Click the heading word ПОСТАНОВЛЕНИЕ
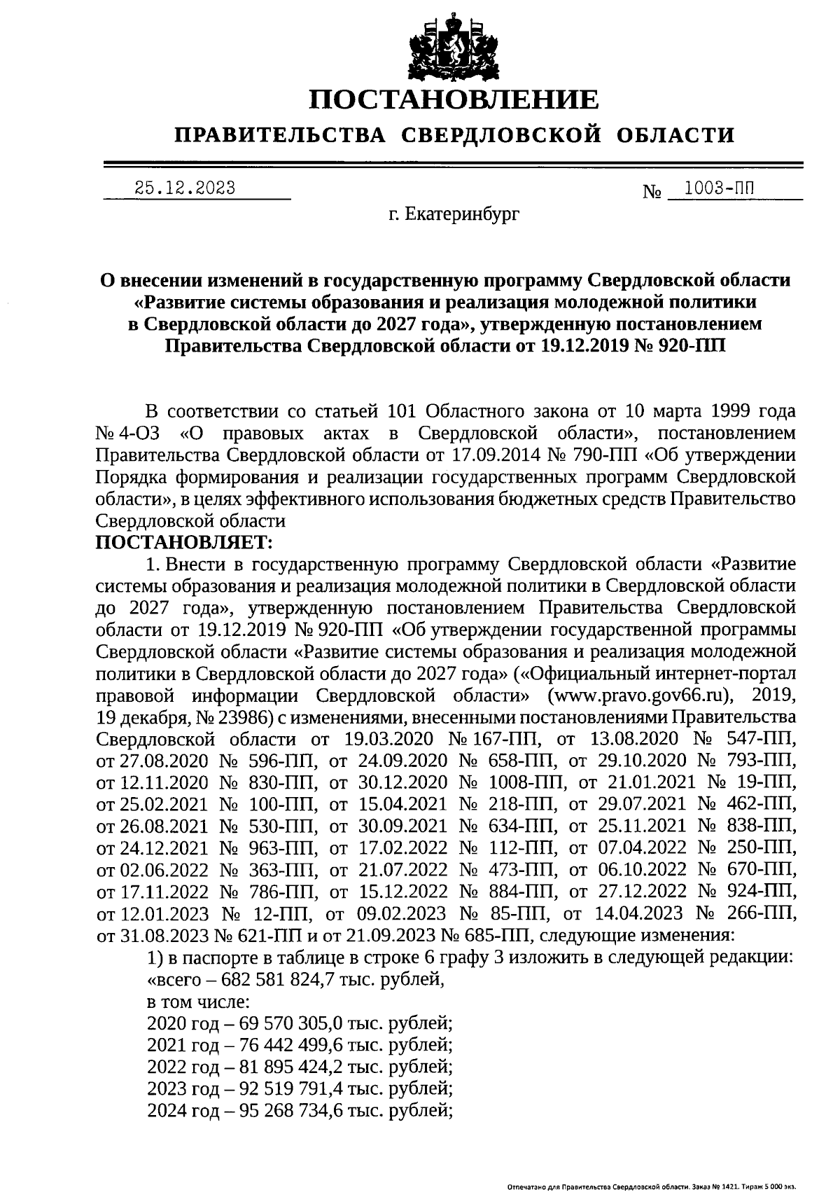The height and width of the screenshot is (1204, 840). pyautogui.click(x=454, y=100)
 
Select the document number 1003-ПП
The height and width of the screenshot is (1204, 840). pyautogui.click(x=721, y=187)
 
